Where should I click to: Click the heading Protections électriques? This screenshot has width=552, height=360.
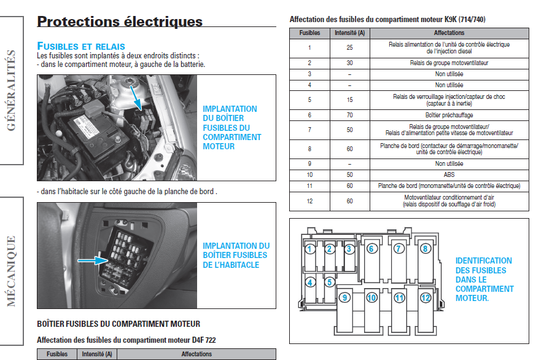[x=120, y=22]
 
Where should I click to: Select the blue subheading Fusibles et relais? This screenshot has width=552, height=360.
[x=81, y=46]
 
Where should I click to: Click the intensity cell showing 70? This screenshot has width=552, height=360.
[x=349, y=115]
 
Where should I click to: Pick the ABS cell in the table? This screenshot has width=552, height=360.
[x=449, y=174]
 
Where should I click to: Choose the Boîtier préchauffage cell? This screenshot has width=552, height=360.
[x=449, y=115]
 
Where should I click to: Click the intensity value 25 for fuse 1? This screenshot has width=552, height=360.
[x=349, y=48]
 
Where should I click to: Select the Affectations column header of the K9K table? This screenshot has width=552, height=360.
[x=449, y=33]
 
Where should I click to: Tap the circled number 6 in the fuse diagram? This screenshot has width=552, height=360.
[x=371, y=249]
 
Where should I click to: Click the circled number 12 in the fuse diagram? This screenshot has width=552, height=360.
[x=426, y=298]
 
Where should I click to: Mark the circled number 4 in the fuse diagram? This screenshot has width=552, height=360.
[x=311, y=283]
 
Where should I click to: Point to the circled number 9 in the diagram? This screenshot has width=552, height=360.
[x=345, y=298]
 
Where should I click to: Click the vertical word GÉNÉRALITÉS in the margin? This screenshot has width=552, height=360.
[x=11, y=91]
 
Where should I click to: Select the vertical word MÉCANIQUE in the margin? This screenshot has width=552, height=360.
[x=11, y=270]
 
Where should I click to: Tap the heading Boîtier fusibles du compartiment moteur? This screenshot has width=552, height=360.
[x=119, y=324]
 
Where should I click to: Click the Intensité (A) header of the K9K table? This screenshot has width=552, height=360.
[x=349, y=33]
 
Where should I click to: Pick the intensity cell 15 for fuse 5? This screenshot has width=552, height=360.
[x=349, y=100]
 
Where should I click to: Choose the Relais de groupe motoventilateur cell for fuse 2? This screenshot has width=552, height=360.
[x=449, y=63]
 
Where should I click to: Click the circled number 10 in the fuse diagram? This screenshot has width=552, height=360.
[x=371, y=298]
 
